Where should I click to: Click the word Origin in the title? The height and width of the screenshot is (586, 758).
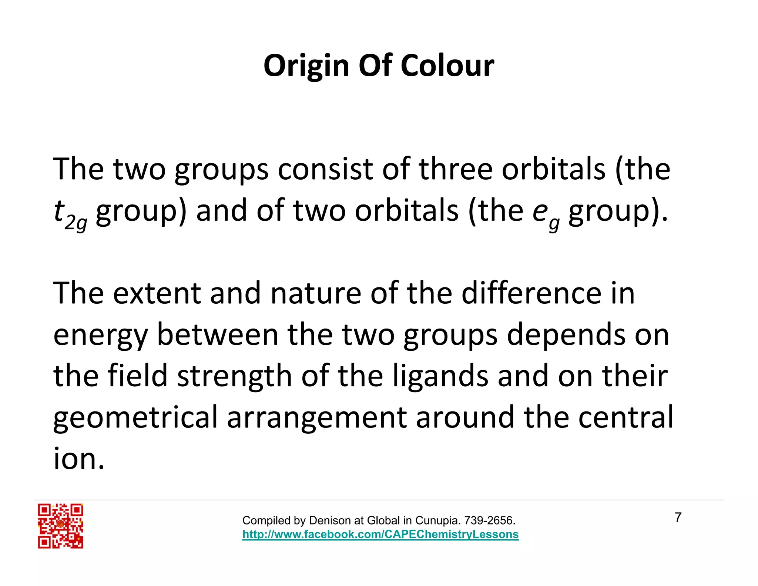tap(306, 66)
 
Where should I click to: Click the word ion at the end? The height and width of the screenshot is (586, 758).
tap(78, 459)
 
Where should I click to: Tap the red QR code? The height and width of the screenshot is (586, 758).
tap(60, 526)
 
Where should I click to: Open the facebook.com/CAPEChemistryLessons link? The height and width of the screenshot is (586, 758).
tap(380, 535)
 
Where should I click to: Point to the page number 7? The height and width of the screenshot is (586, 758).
tap(678, 517)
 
